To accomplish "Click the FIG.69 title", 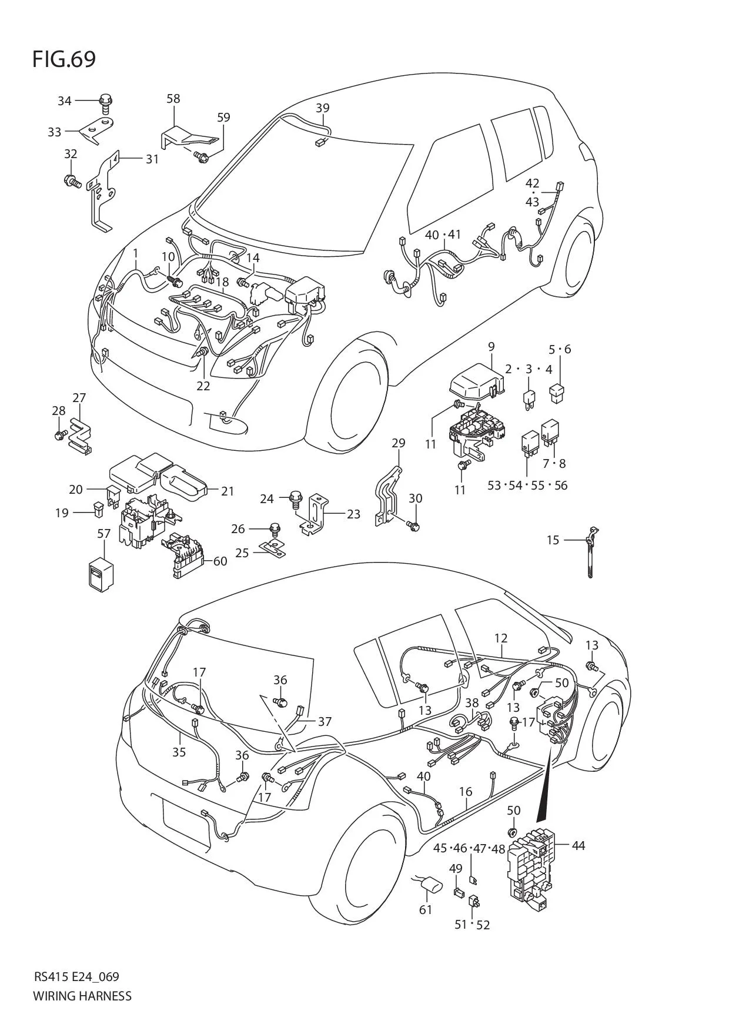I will (64, 59).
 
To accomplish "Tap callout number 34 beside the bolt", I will (65, 101).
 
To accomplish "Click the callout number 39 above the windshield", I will (322, 108).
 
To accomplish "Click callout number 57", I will (103, 534).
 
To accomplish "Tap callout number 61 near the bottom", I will (426, 909).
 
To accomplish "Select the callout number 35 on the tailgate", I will (179, 752).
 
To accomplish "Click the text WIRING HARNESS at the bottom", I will (82, 996).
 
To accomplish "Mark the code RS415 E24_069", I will (76, 977).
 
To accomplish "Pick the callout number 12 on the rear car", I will (501, 638).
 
